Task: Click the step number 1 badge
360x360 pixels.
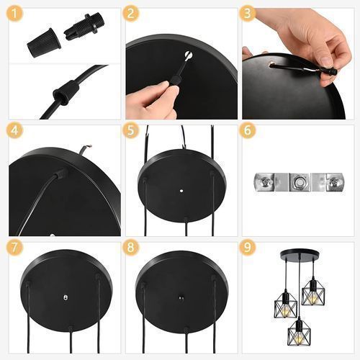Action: point(14,14)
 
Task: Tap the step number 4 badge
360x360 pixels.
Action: point(14,130)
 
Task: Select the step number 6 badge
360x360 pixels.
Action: point(248,130)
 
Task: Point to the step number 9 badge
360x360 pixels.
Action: point(248,247)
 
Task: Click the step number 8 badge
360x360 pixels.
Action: point(131,247)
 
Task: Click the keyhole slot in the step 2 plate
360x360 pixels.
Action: point(189,56)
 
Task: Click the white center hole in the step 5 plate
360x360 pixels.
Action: point(181,191)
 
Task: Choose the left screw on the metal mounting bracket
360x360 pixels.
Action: point(265,181)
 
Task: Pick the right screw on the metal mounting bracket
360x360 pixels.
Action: point(334,183)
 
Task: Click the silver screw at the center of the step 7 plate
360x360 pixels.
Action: point(66,297)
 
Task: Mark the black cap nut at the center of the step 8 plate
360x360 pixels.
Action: point(181,298)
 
